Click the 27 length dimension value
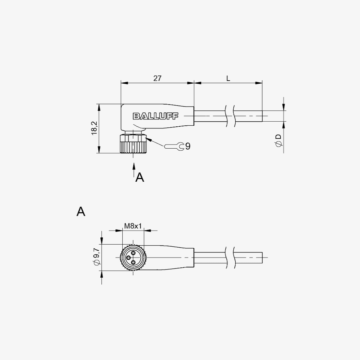157,78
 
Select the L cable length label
228,79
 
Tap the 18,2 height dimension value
94,128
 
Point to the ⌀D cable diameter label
278,140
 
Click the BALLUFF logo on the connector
155,116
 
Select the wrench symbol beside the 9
174,146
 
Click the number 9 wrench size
188,146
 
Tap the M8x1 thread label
133,226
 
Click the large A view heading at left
81,211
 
